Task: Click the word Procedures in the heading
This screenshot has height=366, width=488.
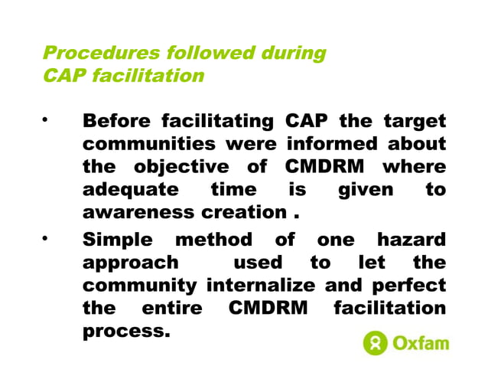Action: (x=89, y=54)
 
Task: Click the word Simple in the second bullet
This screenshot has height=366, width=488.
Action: (x=119, y=240)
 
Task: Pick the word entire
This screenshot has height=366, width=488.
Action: (x=173, y=309)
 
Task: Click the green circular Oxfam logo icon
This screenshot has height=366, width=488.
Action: (x=376, y=343)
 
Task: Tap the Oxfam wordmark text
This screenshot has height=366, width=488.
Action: (x=421, y=343)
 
